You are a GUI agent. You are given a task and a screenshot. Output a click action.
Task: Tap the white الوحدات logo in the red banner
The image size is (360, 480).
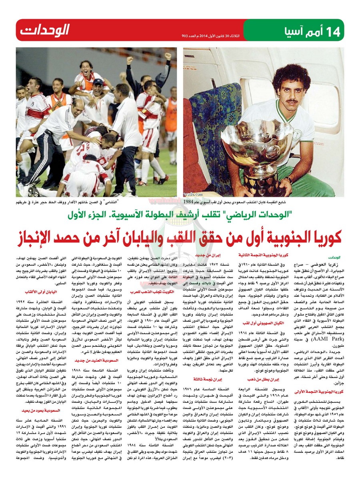(x=45, y=30)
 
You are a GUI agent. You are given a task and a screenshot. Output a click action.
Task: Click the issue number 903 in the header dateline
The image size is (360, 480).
(x=186, y=36)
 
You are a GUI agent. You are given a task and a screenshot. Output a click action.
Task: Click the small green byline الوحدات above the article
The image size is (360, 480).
(x=336, y=257)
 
